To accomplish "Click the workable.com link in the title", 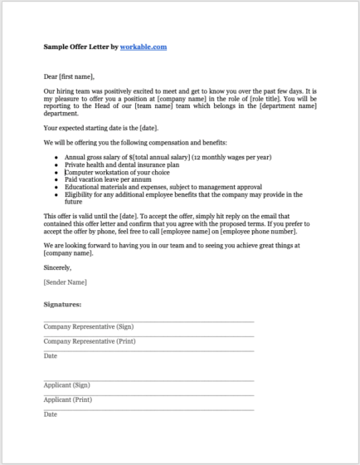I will (144, 47).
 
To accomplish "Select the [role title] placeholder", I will (256, 98).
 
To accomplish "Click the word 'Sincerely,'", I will (57, 267).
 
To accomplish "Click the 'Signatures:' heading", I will (62, 305).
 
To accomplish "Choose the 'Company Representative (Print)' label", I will (89, 340).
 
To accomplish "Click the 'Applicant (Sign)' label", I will (66, 384).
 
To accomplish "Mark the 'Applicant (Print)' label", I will (67, 399).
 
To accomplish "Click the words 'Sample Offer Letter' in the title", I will (80, 47).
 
